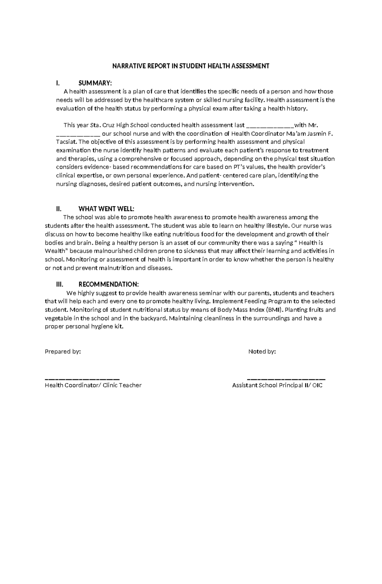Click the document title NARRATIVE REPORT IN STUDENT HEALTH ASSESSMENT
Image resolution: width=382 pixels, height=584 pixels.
[191, 66]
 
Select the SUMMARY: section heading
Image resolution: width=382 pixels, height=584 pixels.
[95, 83]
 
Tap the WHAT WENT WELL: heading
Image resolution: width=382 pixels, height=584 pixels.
[106, 209]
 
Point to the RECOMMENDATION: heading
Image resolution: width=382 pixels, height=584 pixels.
[109, 284]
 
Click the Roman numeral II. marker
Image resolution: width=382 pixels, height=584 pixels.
[59, 209]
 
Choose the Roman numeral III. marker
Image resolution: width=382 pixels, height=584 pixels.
[60, 284]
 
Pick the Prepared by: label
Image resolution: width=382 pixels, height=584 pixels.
[63, 351]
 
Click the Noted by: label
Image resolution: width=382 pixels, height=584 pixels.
[262, 351]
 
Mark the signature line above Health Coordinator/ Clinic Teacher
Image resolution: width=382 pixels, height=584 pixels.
[82, 379]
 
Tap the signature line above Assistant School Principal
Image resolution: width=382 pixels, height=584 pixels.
[286, 379]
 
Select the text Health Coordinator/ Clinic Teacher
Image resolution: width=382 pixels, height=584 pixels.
[93, 385]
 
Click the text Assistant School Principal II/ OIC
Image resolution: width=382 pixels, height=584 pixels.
[277, 385]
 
